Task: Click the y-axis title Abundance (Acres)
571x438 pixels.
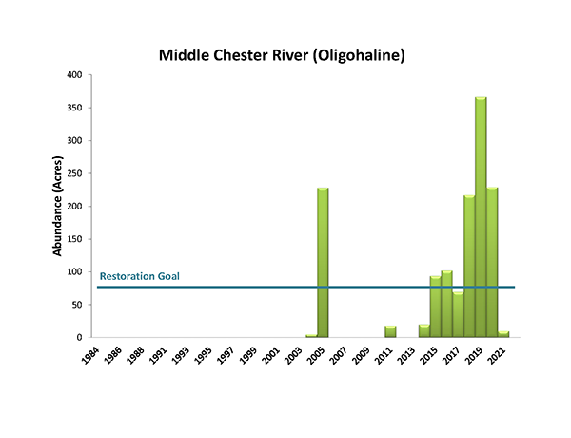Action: point(58,206)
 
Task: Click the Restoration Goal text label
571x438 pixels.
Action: point(139,277)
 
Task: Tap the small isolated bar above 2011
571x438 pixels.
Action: point(390,331)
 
